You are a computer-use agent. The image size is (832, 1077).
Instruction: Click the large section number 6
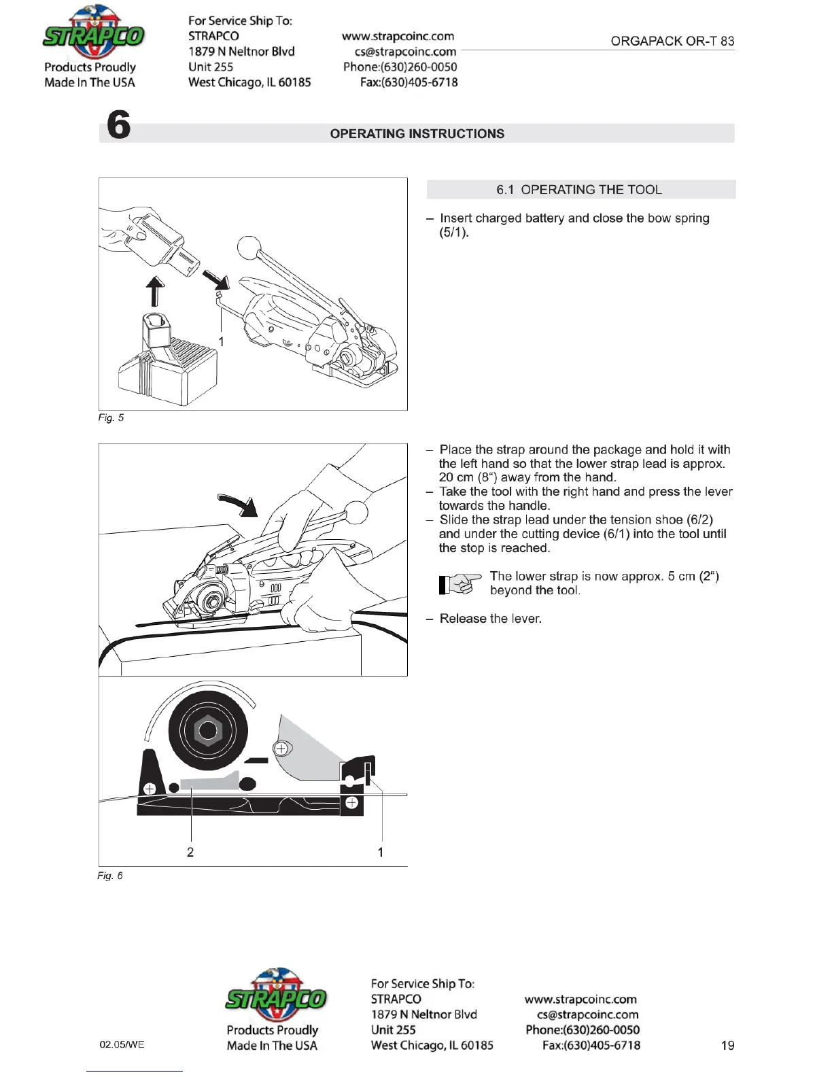tap(119, 125)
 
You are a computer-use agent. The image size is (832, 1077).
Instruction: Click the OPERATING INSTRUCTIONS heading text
tap(417, 134)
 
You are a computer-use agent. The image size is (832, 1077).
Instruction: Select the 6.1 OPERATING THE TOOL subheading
tap(579, 190)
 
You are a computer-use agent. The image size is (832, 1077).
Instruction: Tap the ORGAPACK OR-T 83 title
tap(672, 41)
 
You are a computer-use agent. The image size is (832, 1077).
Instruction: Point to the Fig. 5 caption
tap(111, 417)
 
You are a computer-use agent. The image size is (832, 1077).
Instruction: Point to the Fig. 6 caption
tap(110, 876)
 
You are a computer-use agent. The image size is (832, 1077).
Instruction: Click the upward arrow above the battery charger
tap(156, 291)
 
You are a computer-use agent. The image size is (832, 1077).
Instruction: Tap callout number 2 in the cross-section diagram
tap(190, 852)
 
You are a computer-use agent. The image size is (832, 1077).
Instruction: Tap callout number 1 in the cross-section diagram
tap(381, 852)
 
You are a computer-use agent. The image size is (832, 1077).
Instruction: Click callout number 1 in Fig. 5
tap(221, 341)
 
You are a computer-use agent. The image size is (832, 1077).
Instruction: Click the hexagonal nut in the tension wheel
tap(208, 731)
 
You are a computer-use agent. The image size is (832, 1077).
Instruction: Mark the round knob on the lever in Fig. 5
tap(249, 248)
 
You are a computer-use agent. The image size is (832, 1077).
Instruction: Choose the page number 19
tap(727, 1046)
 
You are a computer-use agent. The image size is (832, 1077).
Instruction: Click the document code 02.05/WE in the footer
tap(122, 1044)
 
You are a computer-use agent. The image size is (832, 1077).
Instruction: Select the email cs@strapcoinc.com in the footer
tap(587, 1014)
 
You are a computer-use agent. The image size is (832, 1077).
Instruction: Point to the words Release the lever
tap(490, 619)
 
